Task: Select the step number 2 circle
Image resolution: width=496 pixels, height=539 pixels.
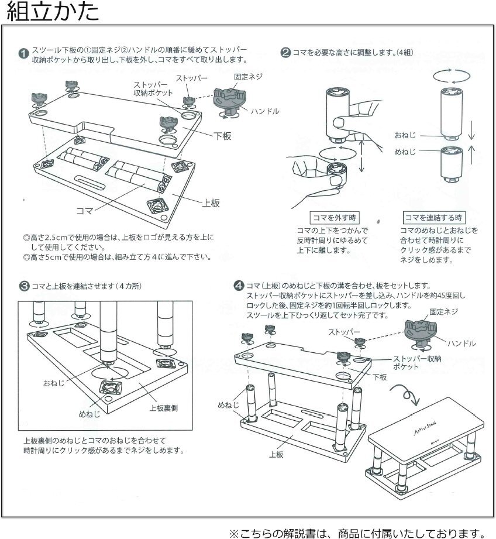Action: coord(286,52)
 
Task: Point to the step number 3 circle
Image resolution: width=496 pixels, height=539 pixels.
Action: coord(23,286)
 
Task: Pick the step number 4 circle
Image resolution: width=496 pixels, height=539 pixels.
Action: coord(238,286)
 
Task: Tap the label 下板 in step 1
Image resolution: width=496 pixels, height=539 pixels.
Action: coord(223,136)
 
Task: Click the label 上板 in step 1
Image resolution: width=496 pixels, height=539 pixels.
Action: coord(211,202)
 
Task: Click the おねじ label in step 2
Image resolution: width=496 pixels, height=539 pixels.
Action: coord(405,135)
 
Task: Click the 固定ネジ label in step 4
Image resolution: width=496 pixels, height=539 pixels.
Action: coord(443,312)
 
